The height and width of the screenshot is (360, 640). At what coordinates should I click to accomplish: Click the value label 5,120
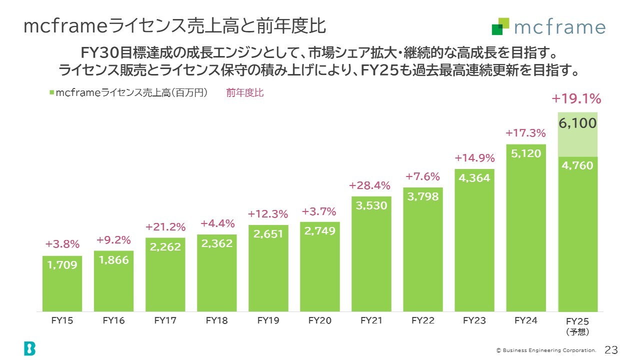click(526, 153)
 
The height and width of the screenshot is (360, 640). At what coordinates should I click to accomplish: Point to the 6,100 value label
click(578, 123)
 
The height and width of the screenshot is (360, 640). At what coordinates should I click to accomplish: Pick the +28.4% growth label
click(369, 185)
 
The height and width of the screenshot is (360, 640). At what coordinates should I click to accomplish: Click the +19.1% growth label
click(576, 99)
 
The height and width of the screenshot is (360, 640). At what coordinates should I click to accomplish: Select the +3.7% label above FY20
click(319, 211)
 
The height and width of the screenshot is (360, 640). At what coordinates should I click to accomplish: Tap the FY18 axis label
click(216, 321)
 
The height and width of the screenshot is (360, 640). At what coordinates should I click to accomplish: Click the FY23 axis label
click(474, 321)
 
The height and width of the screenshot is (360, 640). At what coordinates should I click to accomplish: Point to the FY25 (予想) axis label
click(578, 326)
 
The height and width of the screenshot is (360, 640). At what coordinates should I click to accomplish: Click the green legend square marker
click(52, 93)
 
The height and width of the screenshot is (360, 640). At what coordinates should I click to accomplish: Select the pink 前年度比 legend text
click(244, 93)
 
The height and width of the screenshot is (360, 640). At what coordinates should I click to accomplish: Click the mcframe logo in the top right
click(548, 27)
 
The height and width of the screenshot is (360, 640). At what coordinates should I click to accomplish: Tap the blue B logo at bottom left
click(29, 348)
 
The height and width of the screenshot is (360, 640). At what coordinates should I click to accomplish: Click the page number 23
click(611, 349)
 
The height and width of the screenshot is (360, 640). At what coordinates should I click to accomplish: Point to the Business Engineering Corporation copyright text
click(546, 350)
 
